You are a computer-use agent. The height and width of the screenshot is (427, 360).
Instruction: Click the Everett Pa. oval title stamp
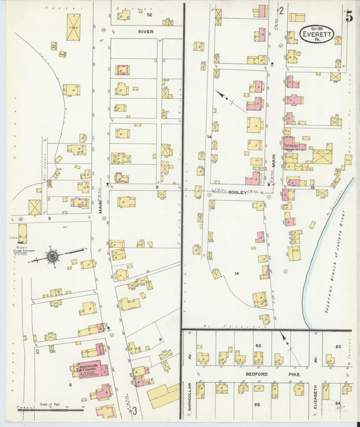tap(317, 34)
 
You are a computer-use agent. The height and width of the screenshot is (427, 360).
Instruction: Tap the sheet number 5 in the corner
tap(349, 18)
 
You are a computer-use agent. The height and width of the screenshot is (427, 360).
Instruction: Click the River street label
tap(145, 31)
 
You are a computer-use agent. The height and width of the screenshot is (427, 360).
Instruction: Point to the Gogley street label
tap(237, 193)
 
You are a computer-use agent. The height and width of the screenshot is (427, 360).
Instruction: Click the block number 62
tap(257, 345)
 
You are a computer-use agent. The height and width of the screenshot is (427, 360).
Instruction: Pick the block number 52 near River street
tap(149, 14)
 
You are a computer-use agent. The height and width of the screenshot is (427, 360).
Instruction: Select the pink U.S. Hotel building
tap(293, 144)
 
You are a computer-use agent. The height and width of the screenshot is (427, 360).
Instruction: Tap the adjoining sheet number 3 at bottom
tap(134, 410)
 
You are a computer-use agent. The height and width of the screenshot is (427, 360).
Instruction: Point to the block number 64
tap(338, 403)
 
